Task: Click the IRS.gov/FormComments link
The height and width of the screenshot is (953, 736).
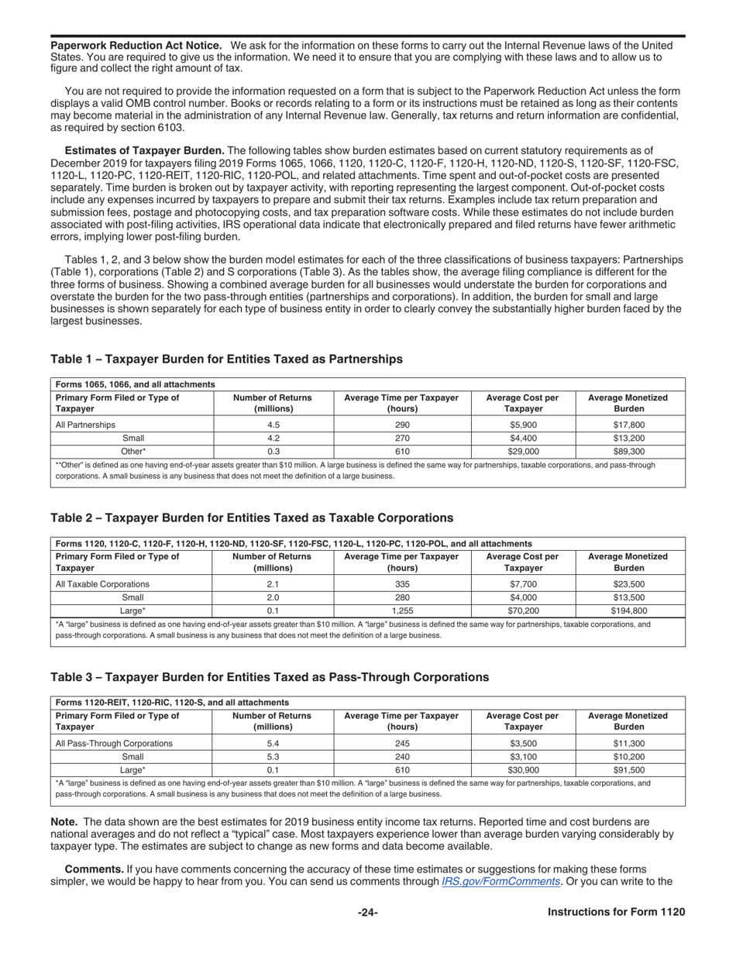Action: click(500, 882)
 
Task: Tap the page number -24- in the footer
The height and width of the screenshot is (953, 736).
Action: click(368, 913)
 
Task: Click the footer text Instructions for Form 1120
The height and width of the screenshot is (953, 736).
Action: click(616, 913)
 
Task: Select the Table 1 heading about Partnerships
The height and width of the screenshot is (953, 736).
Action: click(226, 360)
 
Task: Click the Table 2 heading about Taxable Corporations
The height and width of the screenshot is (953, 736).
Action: click(252, 518)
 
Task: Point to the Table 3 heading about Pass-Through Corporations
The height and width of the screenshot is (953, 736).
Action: click(270, 677)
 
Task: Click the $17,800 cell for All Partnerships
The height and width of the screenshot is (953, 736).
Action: click(628, 425)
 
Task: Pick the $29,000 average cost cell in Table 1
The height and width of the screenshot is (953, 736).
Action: click(523, 451)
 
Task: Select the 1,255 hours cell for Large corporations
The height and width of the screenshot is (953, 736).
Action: click(402, 611)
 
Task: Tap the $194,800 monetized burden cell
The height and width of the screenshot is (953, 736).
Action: click(628, 611)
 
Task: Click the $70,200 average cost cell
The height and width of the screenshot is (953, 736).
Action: click(523, 611)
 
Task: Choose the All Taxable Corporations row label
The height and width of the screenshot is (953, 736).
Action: click(102, 584)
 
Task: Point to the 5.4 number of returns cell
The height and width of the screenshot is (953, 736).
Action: click(273, 744)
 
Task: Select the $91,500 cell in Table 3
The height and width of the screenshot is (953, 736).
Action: click(628, 770)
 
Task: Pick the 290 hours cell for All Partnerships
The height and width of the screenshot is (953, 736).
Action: click(402, 425)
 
